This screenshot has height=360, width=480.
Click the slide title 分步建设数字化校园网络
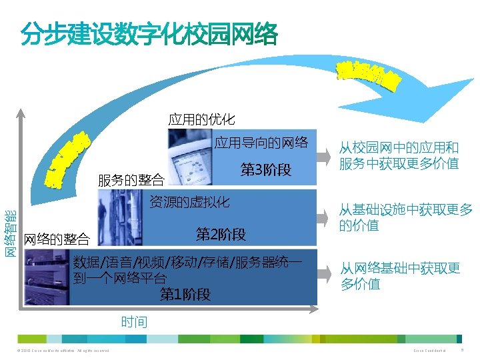pos(149,35)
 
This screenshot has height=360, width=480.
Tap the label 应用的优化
pos(201,120)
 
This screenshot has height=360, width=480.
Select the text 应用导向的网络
pos(261,142)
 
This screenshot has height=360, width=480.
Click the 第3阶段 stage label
pos(266,170)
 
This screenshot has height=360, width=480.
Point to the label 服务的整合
pos(131,180)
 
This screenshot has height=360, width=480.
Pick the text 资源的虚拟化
pos(189,201)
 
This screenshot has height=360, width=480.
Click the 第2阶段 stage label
pos(221,234)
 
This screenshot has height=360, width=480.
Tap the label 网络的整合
pos(56,239)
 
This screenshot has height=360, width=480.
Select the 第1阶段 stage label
pos(185,294)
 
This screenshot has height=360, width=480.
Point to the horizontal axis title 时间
pos(134,323)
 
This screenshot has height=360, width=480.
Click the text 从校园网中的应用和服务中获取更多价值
pos(399,155)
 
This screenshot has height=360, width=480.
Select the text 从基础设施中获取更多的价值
pos(405,218)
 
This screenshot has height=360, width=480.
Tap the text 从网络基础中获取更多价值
pos(400,276)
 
